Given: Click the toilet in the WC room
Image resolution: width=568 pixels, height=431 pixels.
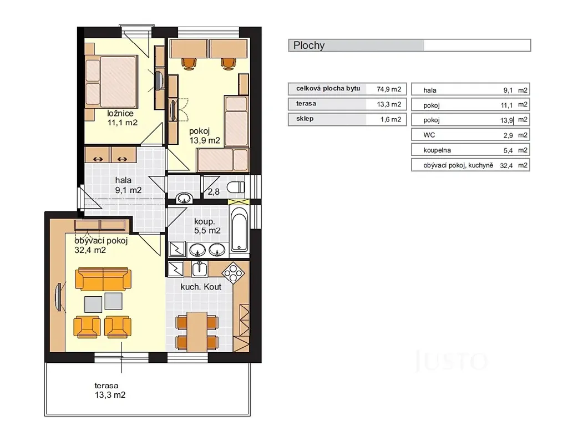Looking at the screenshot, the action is (x=236, y=187).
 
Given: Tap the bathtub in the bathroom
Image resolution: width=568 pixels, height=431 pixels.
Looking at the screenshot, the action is (x=240, y=229).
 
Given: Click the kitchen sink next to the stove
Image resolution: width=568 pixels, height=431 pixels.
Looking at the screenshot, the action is (x=200, y=268).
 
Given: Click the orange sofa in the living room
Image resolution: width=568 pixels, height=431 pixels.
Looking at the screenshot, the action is (x=103, y=279).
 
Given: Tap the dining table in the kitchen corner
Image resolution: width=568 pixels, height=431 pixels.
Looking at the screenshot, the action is (x=197, y=332).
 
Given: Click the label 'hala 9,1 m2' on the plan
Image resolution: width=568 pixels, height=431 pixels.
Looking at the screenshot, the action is (x=128, y=185).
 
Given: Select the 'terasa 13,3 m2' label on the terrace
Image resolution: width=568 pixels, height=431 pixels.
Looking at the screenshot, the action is (x=110, y=391).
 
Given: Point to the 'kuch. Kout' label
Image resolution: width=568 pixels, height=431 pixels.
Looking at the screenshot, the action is (x=201, y=287).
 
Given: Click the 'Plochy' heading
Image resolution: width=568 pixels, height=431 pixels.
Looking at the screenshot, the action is (x=308, y=45).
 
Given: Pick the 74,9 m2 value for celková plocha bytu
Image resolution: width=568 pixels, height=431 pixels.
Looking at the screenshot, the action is (x=389, y=89).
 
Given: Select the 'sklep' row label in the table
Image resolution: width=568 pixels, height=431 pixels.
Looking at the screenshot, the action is (x=305, y=119).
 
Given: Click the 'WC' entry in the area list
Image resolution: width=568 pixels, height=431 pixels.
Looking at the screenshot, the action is (x=429, y=135).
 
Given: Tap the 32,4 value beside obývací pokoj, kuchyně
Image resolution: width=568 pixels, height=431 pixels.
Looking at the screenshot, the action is (x=506, y=166).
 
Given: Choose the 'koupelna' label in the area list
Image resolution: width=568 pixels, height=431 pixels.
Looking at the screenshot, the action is (x=437, y=150).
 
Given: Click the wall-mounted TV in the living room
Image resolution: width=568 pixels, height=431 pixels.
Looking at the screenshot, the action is (x=58, y=297).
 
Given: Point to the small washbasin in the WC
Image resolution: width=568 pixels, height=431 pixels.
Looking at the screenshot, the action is (x=184, y=198).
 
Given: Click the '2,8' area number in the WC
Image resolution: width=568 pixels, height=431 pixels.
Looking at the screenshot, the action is (x=214, y=191).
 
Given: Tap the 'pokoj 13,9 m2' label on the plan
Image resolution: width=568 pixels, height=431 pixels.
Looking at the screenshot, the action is (x=205, y=136).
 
